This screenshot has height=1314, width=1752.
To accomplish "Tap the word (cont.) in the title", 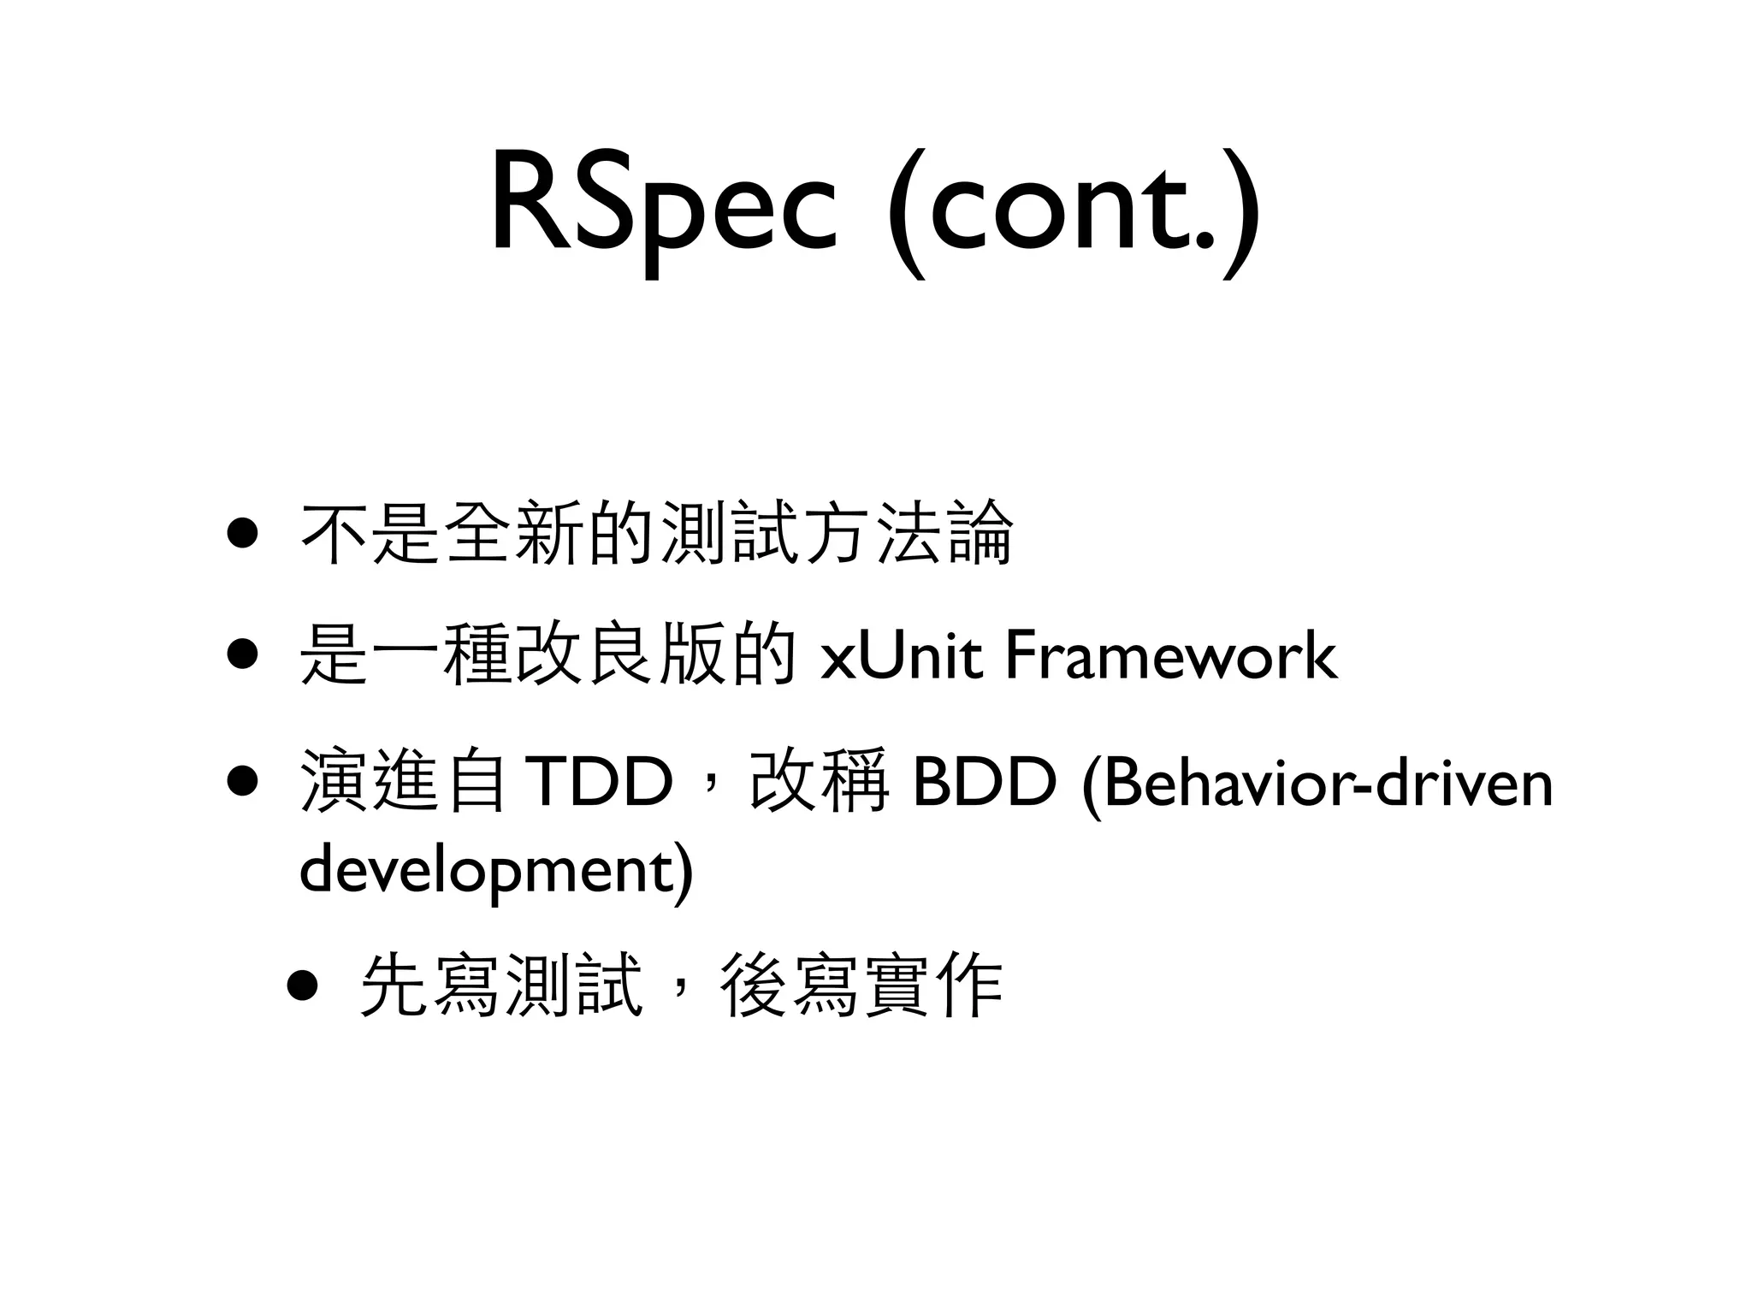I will [1073, 210].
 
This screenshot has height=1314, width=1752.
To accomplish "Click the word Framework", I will [1170, 657].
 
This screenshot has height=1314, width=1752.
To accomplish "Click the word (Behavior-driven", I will [1317, 783].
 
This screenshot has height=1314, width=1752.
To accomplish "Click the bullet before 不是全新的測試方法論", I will [242, 534].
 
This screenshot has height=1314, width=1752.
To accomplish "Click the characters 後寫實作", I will [862, 985].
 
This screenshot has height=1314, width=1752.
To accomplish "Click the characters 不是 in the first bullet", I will [371, 534].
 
